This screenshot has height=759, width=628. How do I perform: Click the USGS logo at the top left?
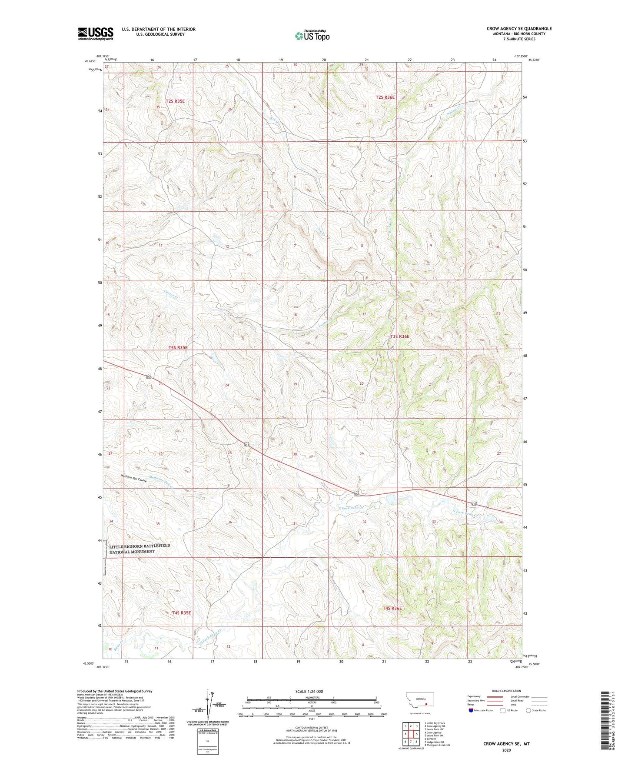(96, 33)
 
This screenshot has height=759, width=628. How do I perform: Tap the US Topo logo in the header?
(312, 36)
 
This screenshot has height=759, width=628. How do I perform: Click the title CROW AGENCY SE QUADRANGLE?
(519, 29)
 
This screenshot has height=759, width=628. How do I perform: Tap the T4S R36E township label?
(392, 608)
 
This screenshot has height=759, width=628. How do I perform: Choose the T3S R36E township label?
(399, 336)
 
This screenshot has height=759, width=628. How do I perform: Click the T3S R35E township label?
(178, 347)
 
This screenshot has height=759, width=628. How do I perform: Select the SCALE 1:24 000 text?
(309, 691)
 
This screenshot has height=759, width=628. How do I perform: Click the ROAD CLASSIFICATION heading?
(507, 691)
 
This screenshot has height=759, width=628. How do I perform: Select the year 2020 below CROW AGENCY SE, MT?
(506, 750)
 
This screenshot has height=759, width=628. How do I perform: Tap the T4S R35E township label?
(181, 613)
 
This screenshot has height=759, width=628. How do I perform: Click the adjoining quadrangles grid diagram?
(411, 733)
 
